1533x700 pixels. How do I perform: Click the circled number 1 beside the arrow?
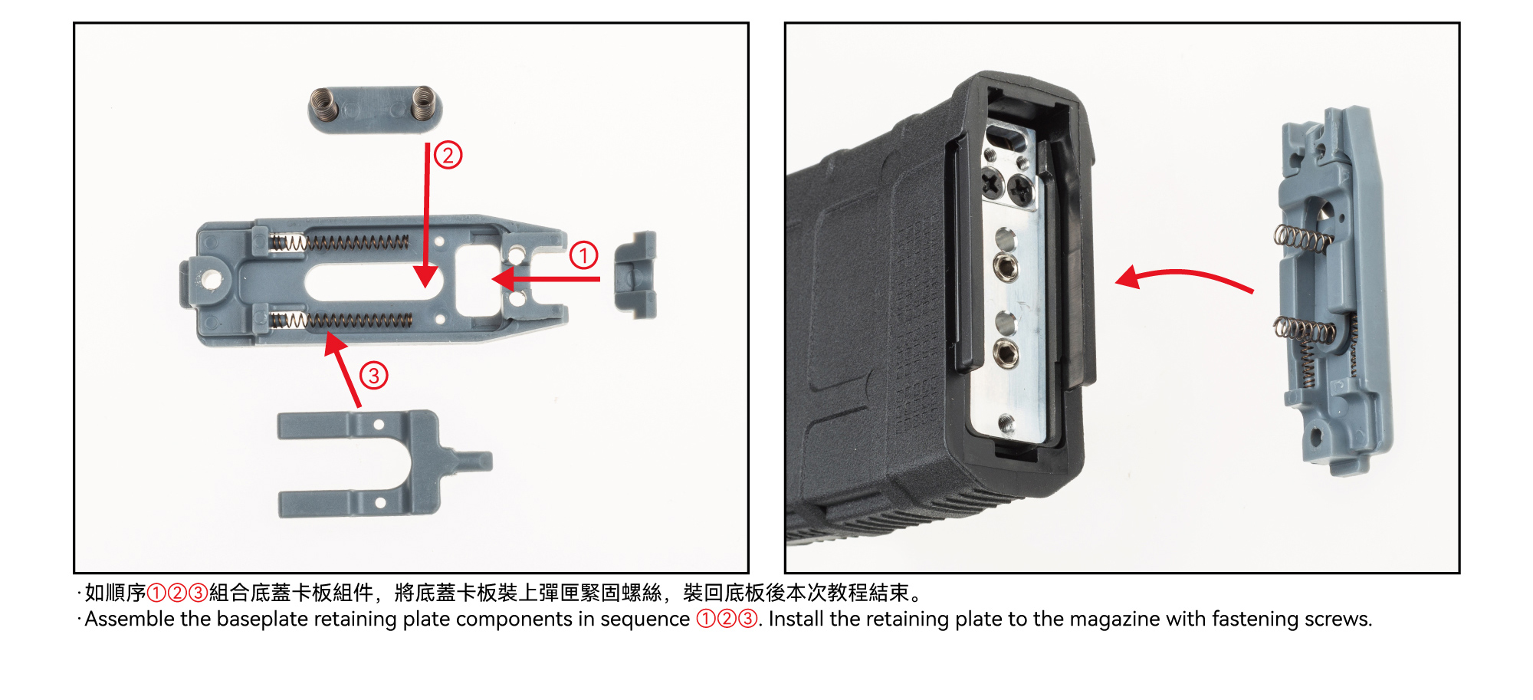click(x=583, y=255)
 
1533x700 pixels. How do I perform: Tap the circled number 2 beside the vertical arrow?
click(x=448, y=155)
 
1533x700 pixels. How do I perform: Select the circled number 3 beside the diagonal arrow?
click(x=373, y=376)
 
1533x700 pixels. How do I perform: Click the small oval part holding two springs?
click(x=375, y=109)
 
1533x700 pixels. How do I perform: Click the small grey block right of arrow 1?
click(x=635, y=274)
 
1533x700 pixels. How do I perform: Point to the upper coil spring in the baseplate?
click(x=340, y=243)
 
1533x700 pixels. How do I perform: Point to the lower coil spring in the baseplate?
click(x=341, y=320)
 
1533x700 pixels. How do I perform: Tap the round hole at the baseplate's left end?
click(x=208, y=280)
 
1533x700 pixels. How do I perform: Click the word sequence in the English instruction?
click(x=645, y=620)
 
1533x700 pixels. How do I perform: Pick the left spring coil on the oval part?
click(x=325, y=104)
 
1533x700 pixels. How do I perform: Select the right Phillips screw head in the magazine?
click(x=1020, y=187)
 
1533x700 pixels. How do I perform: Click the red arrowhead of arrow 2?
click(x=425, y=276)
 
